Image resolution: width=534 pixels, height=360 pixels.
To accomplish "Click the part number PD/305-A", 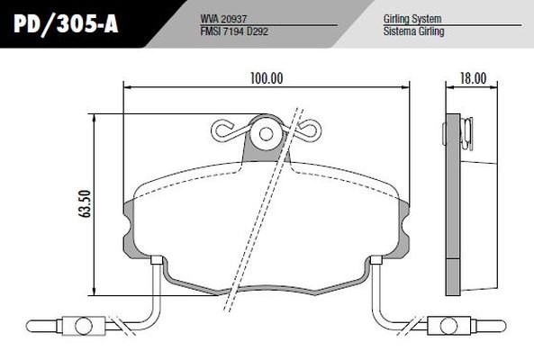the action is click(66, 23).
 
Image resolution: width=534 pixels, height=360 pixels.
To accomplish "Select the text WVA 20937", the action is click(223, 19).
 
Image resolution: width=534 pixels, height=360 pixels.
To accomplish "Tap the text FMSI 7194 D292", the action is click(234, 31).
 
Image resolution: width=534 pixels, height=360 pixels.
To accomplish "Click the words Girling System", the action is click(412, 19).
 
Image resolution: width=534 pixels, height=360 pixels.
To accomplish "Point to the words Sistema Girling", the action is click(413, 31).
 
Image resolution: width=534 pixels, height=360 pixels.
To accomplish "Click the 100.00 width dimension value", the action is click(267, 78).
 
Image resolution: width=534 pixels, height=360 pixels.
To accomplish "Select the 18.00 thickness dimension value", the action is click(474, 78).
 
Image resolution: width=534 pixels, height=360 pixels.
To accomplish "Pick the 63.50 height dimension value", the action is click(85, 203).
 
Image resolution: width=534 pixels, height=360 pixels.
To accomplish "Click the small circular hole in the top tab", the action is click(266, 134).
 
